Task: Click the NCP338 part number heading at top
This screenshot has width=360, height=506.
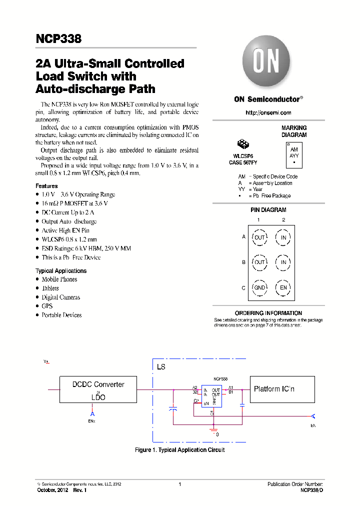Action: (58, 38)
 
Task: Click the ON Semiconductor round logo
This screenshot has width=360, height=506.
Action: (266, 62)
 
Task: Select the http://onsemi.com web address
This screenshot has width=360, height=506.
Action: (268, 113)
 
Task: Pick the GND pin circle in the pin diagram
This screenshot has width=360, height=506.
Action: (259, 288)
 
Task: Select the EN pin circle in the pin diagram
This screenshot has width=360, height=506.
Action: (283, 288)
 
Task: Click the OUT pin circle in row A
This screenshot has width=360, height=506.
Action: (259, 237)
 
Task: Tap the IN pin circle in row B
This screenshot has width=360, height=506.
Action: (283, 262)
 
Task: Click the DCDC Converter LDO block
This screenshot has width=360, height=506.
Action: (98, 390)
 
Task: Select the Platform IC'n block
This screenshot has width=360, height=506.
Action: (282, 389)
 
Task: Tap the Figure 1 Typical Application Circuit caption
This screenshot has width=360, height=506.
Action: (179, 450)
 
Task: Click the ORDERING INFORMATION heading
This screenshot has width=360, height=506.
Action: (268, 313)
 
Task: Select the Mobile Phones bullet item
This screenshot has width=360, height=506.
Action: (59, 279)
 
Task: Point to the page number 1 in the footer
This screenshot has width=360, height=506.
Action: (179, 484)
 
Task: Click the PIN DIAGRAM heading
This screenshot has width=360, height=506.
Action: (268, 210)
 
